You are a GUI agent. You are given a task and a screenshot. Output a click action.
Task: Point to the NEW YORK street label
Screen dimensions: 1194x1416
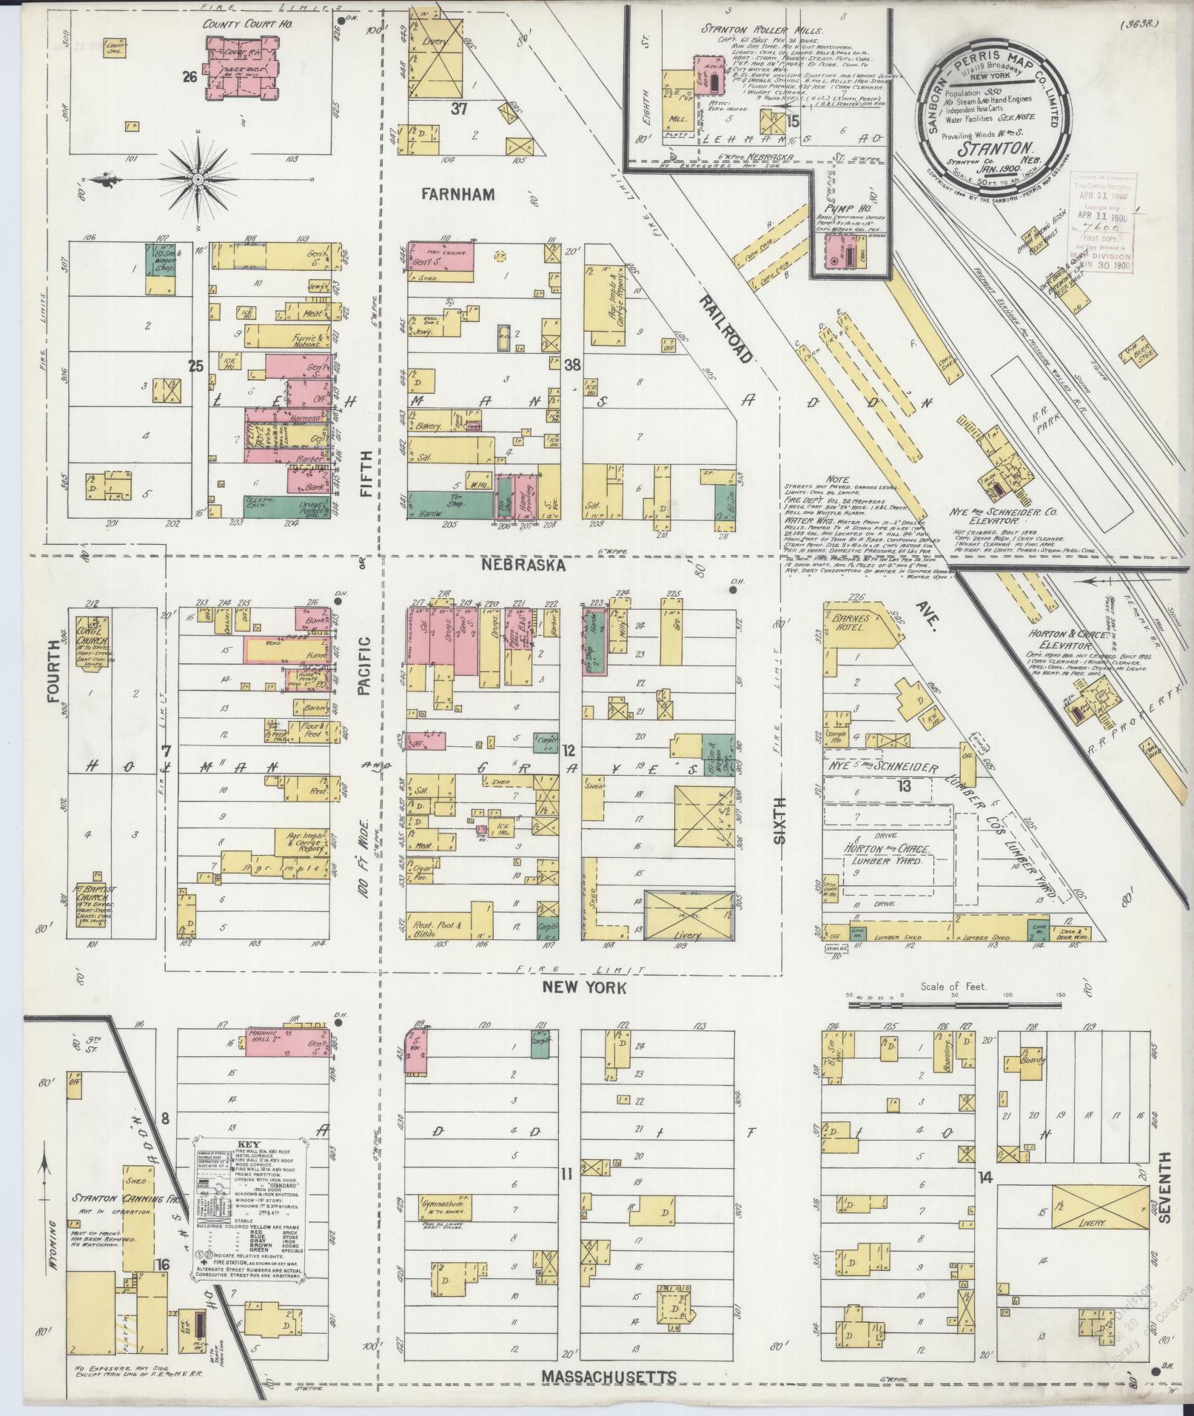coord(585,987)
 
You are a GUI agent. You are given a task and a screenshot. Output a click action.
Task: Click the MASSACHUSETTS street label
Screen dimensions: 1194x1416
coord(608,1376)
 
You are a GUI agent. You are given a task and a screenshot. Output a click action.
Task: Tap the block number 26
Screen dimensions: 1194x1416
coord(192,75)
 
